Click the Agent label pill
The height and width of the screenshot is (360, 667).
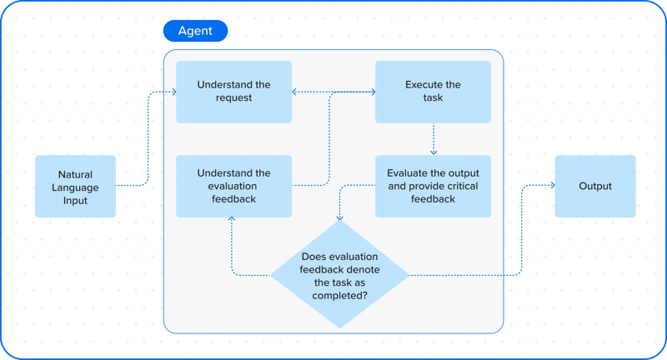(x=195, y=32)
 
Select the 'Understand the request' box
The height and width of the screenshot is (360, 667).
(x=233, y=92)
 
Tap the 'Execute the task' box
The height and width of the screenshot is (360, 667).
(x=433, y=92)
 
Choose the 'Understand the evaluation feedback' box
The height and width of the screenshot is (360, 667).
(x=233, y=187)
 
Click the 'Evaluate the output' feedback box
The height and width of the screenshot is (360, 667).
(x=433, y=187)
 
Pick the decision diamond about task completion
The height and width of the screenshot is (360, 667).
(x=339, y=273)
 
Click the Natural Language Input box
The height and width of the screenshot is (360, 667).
(x=75, y=187)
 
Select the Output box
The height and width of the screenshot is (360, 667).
(x=595, y=187)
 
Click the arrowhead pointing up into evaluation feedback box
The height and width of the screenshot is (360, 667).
(x=232, y=221)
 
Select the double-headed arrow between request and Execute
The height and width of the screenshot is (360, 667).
(x=333, y=92)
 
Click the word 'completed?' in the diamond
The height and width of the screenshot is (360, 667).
(x=340, y=296)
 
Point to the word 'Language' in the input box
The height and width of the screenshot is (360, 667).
(x=75, y=187)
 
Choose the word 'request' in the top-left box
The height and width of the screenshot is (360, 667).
(x=233, y=98)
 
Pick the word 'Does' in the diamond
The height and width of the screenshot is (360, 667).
(x=313, y=257)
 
